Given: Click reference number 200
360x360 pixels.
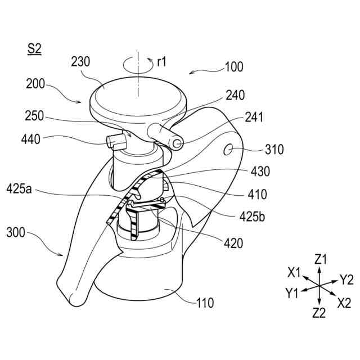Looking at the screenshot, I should pyautogui.click(x=36, y=84).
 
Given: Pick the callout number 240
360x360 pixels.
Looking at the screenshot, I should pyautogui.click(x=235, y=96).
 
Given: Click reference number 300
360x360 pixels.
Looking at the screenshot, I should pyautogui.click(x=16, y=231).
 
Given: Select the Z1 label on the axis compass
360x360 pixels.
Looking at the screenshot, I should pyautogui.click(x=321, y=259).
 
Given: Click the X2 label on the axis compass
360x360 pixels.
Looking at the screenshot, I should pyautogui.click(x=345, y=302).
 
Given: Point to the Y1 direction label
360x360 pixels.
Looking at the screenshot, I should pyautogui.click(x=292, y=292).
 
